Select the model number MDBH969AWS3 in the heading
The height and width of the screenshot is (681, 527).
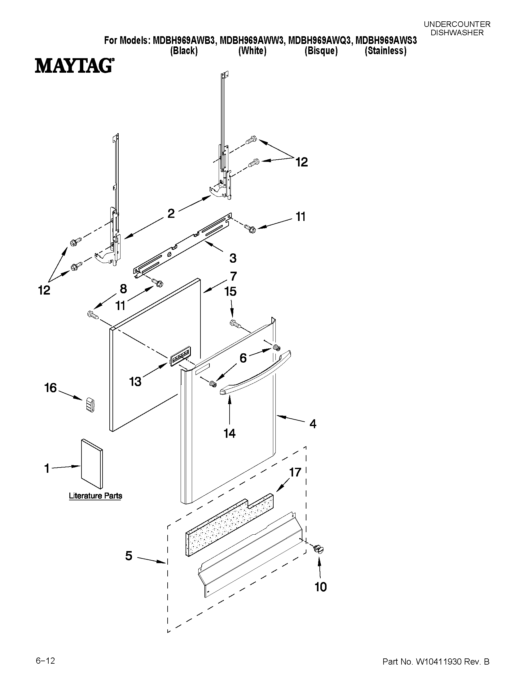[386, 41]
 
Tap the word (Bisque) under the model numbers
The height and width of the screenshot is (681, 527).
[321, 51]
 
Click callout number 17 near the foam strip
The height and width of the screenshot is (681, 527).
[295, 472]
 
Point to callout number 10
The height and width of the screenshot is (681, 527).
[320, 587]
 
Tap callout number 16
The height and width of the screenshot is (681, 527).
[50, 388]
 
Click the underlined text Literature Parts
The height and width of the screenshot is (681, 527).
[95, 496]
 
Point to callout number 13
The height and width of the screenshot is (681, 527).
[135, 381]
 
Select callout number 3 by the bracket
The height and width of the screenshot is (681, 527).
[233, 258]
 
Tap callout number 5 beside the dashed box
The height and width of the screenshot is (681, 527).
[129, 556]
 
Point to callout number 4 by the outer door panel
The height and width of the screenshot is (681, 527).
[313, 424]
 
